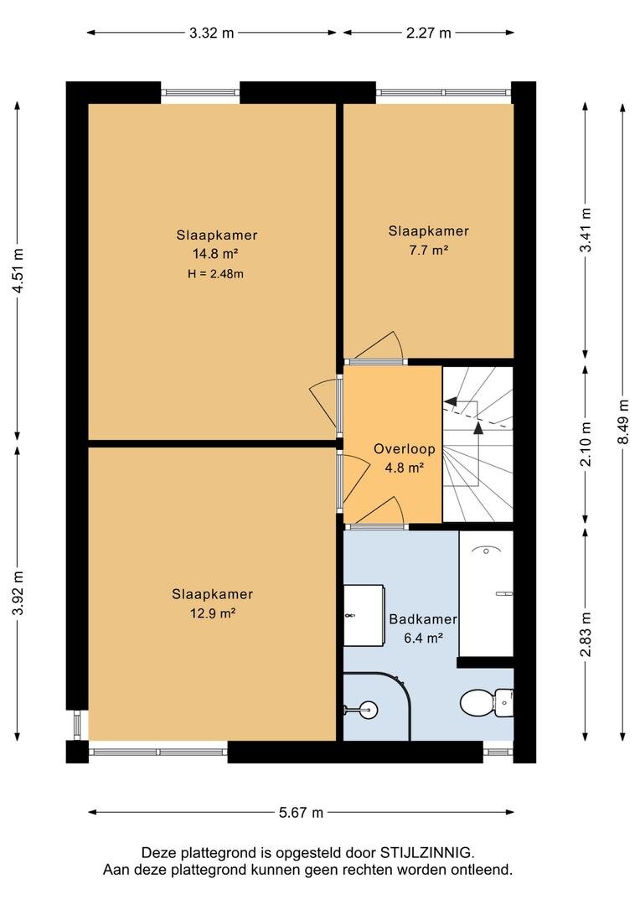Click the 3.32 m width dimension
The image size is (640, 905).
(212, 33)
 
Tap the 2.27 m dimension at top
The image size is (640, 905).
(428, 33)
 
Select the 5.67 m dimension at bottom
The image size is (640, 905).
(301, 813)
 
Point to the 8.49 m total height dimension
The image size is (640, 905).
(622, 421)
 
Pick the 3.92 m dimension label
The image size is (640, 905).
(18, 592)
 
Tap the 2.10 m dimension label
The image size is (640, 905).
(586, 444)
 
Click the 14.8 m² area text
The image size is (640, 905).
(215, 253)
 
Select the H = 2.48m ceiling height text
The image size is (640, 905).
(215, 274)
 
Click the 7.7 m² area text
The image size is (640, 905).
(429, 250)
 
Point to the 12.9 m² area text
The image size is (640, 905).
(213, 613)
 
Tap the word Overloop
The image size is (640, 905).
(404, 449)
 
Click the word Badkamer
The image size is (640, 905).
(423, 619)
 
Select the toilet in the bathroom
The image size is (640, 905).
(487, 703)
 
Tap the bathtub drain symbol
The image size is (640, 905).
(487, 551)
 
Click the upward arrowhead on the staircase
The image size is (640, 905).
(478, 427)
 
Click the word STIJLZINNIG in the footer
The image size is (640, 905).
(426, 852)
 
